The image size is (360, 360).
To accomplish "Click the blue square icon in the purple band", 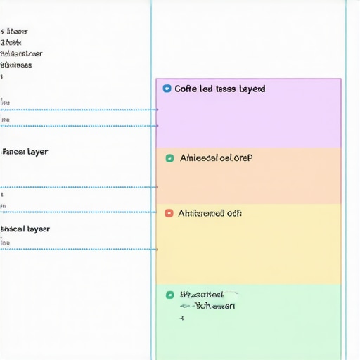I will pos(167,89).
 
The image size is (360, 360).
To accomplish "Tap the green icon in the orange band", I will pos(169,158).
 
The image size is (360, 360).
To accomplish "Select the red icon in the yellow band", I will pos(168,212).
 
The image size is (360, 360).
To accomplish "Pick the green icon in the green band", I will pos(169,295).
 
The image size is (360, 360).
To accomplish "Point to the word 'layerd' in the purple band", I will pos(252,89).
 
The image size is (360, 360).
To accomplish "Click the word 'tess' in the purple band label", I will pos(226,89).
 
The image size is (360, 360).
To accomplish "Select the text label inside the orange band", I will pos(216,158).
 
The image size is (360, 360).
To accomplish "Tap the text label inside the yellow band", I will pos(210,212).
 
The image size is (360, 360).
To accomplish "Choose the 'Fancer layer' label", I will pos(25,152).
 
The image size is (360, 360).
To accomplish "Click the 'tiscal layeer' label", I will pos(25,229).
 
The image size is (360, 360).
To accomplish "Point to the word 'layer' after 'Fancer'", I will pos(37,152).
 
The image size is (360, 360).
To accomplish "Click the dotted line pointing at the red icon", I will pos(77,212).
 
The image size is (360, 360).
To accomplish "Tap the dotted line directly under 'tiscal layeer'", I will pos(77,249).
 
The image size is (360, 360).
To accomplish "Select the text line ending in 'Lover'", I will pos(22,53).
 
